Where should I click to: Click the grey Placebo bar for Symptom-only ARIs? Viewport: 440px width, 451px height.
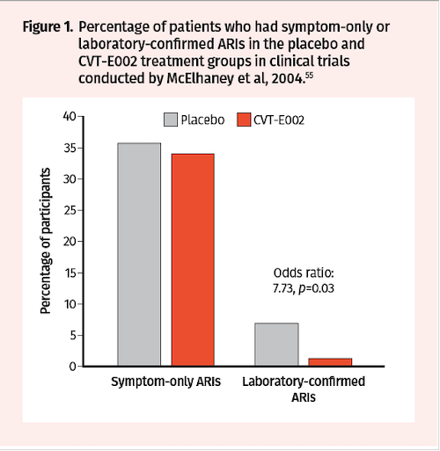(x=139, y=254)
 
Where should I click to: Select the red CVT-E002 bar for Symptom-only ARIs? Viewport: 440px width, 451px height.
(x=193, y=259)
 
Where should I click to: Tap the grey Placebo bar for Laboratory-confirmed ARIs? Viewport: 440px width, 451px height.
(x=276, y=345)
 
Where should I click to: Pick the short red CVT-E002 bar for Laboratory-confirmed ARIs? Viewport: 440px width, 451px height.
(x=330, y=362)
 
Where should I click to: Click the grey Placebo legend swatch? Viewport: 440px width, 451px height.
(x=171, y=120)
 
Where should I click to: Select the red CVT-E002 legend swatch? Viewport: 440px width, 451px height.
(x=244, y=120)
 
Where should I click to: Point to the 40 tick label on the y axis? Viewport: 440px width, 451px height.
(x=70, y=116)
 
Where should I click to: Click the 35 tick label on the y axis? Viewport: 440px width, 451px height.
(x=70, y=148)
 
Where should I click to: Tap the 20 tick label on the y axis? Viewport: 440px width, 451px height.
(x=70, y=242)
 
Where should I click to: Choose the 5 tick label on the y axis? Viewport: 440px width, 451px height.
(x=73, y=335)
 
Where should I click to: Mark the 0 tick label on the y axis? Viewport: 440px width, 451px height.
(x=73, y=367)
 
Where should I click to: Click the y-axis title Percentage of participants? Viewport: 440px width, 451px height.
(x=46, y=241)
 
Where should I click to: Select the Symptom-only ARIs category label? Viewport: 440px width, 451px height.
(x=165, y=382)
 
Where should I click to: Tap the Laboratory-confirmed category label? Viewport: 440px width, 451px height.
(x=304, y=382)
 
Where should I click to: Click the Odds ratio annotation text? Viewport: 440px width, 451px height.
(x=304, y=273)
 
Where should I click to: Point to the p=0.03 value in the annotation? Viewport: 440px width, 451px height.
(x=316, y=288)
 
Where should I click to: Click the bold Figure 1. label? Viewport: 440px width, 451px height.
(x=48, y=27)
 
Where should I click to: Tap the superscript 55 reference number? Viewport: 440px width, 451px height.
(x=309, y=76)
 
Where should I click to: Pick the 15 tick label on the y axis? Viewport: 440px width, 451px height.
(x=70, y=273)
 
